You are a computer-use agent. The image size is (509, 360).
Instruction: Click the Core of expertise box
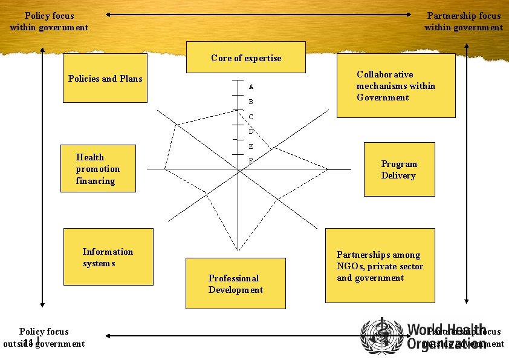245,57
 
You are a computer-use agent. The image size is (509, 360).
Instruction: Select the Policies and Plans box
105,78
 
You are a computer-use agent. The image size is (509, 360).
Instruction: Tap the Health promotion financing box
98,169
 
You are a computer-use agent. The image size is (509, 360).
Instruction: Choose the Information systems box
108,257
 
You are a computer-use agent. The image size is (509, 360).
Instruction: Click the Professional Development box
235,284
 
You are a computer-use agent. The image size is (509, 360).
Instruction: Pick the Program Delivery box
399,169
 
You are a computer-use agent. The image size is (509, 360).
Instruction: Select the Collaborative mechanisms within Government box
395,86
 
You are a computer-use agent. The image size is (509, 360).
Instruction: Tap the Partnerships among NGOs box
380,266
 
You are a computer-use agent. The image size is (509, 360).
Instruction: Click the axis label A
251,87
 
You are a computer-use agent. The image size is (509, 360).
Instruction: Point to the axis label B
251,102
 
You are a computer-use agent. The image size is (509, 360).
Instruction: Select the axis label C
251,116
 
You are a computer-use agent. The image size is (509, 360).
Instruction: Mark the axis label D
251,131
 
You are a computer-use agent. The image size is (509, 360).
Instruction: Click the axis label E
251,146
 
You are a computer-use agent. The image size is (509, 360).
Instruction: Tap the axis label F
251,161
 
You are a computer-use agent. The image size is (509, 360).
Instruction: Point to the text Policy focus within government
49,21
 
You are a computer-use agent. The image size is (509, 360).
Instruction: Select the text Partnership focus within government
464,21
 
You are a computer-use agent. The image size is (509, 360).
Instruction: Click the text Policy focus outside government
44,338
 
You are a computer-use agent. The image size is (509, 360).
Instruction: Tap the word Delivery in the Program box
398,175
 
